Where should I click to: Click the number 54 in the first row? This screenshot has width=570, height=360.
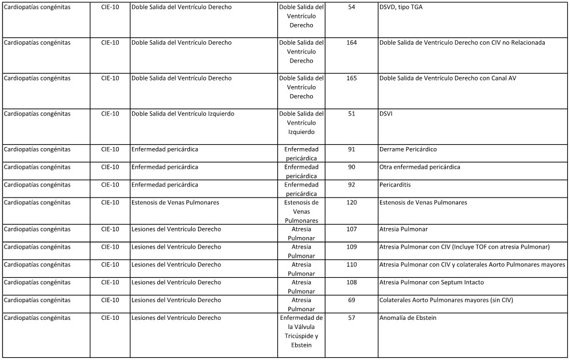click(x=351, y=7)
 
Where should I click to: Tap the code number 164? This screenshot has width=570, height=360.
click(x=351, y=42)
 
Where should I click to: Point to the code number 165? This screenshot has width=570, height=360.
click(x=351, y=78)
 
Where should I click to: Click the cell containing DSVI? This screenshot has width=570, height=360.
click(x=386, y=114)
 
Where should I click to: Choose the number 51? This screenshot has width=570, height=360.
click(x=351, y=114)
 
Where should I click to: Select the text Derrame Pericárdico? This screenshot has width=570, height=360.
click(x=408, y=149)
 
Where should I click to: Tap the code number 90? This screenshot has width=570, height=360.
click(x=351, y=167)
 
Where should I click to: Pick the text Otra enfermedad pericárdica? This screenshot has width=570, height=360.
click(x=419, y=167)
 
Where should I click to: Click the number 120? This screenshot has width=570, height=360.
click(x=351, y=203)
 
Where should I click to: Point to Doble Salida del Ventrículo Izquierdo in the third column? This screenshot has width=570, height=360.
click(x=183, y=114)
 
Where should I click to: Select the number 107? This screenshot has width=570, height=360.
click(x=351, y=229)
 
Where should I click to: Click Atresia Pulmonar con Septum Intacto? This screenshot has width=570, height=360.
click(x=431, y=282)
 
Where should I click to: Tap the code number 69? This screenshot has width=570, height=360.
click(x=351, y=300)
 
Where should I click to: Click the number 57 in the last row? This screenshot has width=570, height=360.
click(x=351, y=318)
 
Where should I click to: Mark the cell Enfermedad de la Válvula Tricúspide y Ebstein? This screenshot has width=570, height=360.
click(x=301, y=331)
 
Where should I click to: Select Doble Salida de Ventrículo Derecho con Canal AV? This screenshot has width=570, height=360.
click(x=447, y=78)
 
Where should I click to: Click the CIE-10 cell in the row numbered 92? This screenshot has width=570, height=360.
click(x=110, y=185)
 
